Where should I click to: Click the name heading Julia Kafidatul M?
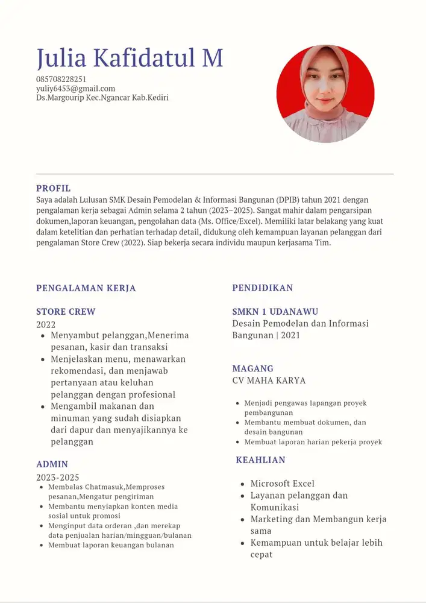coord(130,58)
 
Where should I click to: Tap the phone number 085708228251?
coord(61,79)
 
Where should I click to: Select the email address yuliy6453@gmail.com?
coord(75,88)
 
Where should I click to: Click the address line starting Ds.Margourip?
coord(102,97)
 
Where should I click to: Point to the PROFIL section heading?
coord(53,188)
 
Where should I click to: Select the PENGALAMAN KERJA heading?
coord(86,288)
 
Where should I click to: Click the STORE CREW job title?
coord(66,312)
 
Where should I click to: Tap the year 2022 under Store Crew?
coord(46,324)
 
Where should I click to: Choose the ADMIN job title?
coord(52,464)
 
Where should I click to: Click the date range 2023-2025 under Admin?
coord(57,477)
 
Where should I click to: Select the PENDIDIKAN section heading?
coord(263,288)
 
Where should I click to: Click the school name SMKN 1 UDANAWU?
coord(275,312)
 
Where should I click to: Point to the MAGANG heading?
coord(252,368)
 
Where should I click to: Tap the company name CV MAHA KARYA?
coord(269,380)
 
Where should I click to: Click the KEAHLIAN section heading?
coord(260,460)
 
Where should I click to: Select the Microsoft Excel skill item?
coord(282,484)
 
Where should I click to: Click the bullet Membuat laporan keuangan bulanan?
coord(111,545)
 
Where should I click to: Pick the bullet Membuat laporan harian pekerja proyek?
coord(313,442)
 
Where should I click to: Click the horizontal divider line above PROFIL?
coord(215,174)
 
